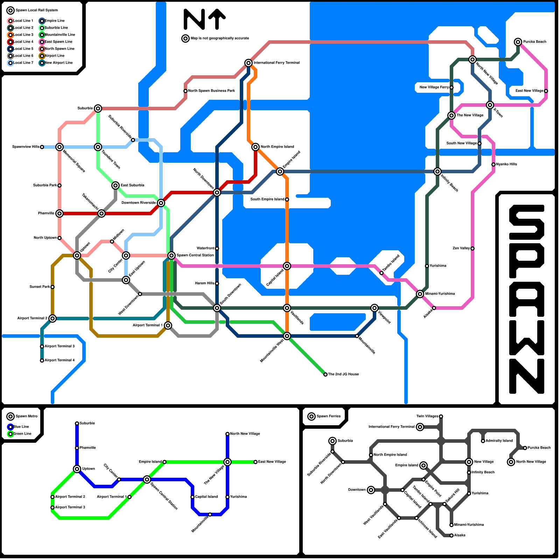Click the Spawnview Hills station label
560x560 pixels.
(x=26, y=147)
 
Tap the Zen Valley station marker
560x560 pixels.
(x=472, y=248)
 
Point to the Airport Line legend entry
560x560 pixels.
(x=55, y=56)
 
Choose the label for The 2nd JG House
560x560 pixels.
(x=343, y=374)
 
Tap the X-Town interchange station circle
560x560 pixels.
(x=490, y=105)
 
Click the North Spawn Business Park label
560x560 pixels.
(x=211, y=91)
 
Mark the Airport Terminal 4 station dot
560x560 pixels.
(x=42, y=360)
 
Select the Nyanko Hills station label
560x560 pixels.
(x=506, y=164)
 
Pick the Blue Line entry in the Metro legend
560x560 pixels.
(x=21, y=427)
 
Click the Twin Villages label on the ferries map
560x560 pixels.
(x=427, y=416)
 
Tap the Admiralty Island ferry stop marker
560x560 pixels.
(x=483, y=441)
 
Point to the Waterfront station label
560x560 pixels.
(x=205, y=248)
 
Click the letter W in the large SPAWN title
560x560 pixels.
(x=527, y=336)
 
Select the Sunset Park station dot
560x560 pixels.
(x=52, y=287)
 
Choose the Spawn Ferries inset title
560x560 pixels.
(x=328, y=416)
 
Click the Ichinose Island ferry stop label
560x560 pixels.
(x=427, y=528)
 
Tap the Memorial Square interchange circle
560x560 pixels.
(x=59, y=147)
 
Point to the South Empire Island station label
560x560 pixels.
(x=267, y=199)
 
